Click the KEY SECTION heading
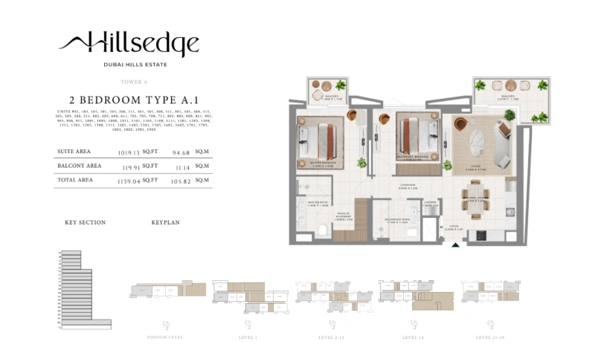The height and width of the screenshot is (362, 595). point(85,222)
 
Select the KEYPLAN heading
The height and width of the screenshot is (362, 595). point(165,222)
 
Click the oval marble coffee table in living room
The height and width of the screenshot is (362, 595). point(475,143)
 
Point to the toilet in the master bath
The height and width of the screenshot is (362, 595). point(318,227)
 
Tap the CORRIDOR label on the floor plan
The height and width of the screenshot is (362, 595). point(407,187)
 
